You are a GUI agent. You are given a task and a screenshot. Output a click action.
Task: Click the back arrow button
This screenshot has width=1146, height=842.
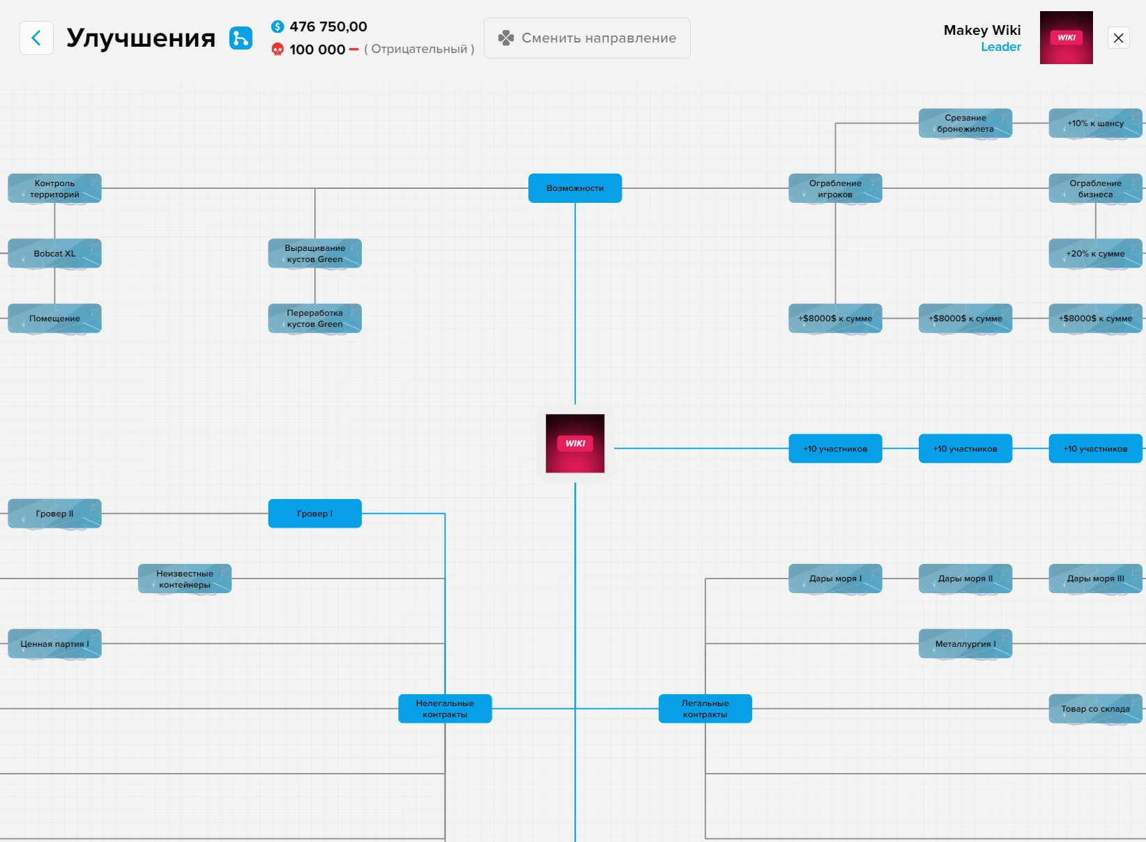36,38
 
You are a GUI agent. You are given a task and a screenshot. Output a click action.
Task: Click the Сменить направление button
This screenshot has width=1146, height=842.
587,38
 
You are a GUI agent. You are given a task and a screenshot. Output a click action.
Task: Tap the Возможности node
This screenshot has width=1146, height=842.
575,188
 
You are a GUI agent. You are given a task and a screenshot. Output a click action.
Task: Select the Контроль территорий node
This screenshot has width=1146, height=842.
54,188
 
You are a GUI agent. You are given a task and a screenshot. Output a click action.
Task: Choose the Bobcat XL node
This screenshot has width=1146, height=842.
54,254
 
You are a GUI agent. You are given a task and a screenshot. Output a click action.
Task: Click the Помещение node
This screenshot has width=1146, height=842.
54,319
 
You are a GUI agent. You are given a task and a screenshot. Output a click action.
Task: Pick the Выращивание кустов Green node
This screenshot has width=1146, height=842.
315,254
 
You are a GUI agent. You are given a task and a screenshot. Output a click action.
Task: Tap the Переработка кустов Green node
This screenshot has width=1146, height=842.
315,319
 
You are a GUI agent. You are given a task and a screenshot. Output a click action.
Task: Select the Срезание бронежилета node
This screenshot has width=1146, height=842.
965,123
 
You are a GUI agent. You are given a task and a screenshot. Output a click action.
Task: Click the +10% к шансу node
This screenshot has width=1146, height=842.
1095,123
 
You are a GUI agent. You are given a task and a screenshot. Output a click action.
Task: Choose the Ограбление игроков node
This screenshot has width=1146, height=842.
835,188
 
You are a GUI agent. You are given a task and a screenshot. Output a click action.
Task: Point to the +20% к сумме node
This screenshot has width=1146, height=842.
1095,254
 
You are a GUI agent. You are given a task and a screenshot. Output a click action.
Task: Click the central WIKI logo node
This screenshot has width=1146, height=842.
575,443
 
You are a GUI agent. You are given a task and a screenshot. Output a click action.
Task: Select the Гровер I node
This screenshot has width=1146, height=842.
315,514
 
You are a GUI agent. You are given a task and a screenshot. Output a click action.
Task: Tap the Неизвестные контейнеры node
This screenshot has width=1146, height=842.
185,579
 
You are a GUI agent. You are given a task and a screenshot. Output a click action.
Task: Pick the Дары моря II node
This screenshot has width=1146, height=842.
965,579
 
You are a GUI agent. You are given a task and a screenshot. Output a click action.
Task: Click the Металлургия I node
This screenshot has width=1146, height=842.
965,644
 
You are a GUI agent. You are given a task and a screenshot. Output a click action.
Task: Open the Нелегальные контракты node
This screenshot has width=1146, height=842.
445,709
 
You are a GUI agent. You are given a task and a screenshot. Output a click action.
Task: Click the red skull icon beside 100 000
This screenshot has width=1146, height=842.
277,49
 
